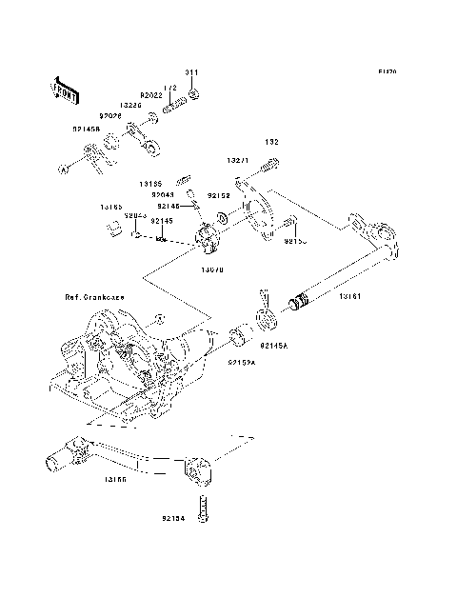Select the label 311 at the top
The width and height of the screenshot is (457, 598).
[x=191, y=73]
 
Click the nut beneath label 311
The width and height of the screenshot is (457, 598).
[x=193, y=94]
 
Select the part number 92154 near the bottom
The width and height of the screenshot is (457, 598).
[x=175, y=520]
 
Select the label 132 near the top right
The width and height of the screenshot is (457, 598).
[x=271, y=142]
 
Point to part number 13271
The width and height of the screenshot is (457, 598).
[x=239, y=163]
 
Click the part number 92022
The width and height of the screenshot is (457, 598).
[x=152, y=95]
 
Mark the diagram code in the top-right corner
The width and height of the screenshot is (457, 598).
[x=386, y=71]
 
